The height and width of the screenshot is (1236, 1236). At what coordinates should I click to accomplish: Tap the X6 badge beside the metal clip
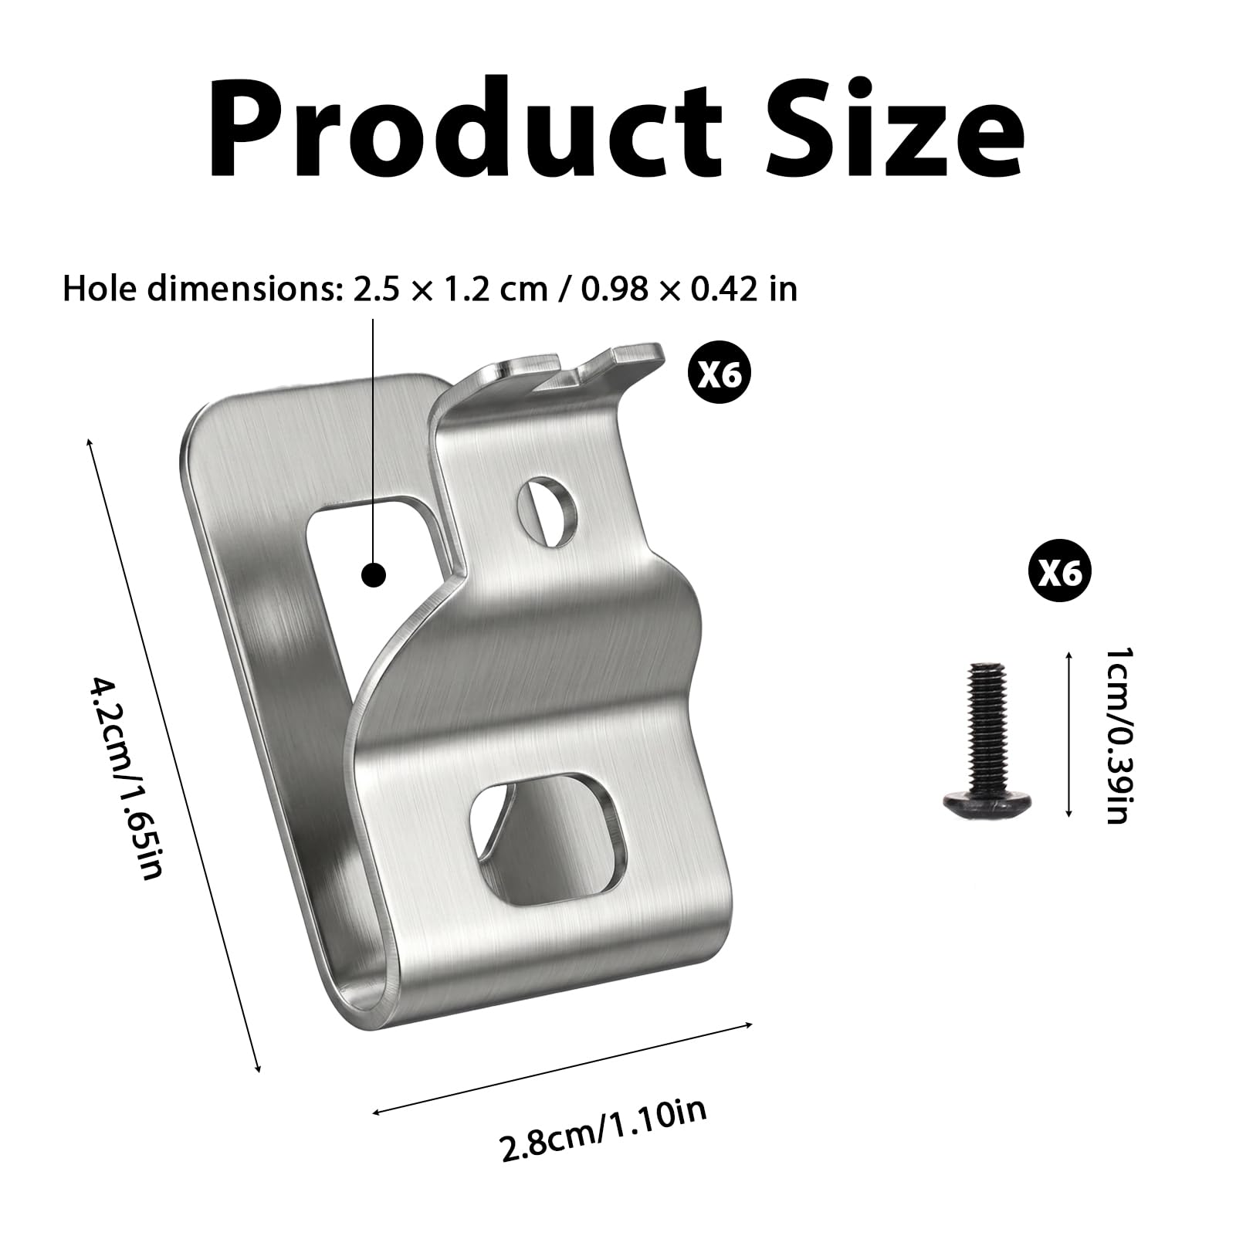point(719,375)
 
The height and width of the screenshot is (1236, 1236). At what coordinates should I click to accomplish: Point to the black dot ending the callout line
point(374,575)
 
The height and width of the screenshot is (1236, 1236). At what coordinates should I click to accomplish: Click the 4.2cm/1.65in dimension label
point(129,779)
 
